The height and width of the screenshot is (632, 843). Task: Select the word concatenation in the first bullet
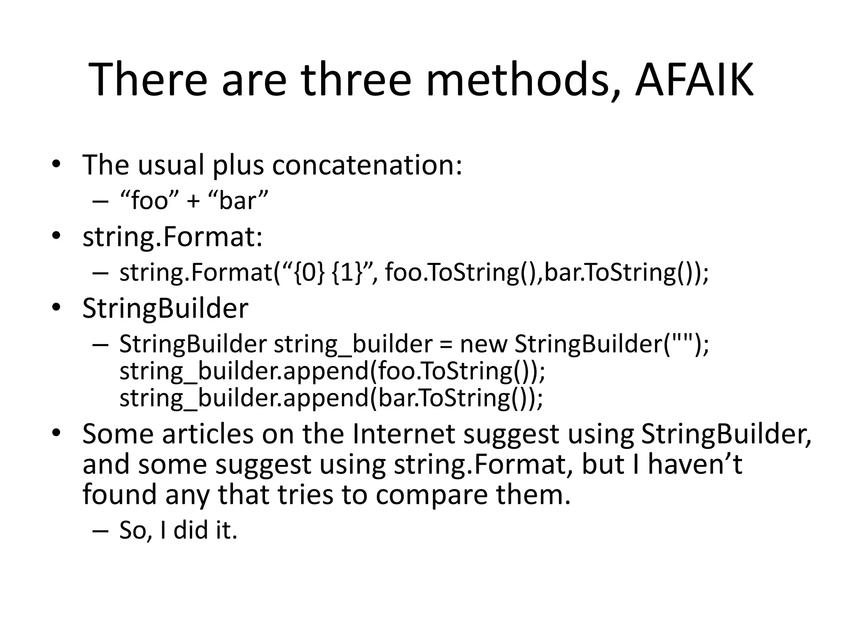[x=367, y=165]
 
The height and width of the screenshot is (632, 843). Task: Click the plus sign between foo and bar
[x=193, y=202]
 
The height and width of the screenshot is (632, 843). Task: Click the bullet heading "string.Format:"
[x=172, y=238]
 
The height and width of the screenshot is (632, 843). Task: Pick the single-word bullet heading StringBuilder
[x=165, y=308]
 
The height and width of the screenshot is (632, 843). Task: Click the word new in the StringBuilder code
[x=483, y=344]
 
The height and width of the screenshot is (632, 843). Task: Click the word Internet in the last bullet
[x=404, y=434]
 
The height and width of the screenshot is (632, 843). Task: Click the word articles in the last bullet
[x=208, y=434]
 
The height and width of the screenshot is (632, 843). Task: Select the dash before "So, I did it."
[x=100, y=531]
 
